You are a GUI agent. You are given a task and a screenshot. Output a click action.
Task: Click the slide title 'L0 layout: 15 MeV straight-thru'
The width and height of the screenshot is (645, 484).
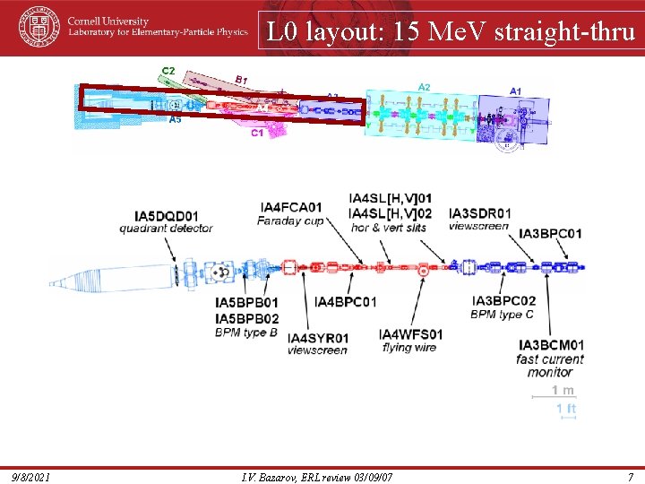(451, 32)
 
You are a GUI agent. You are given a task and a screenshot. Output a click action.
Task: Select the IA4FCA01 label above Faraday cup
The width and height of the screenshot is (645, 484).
(290, 208)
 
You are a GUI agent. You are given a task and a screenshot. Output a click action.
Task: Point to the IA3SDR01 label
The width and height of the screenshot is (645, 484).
(479, 213)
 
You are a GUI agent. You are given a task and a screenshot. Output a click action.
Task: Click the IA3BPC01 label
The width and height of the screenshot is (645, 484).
(550, 234)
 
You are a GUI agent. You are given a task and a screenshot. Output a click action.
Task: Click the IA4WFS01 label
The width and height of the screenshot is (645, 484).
(410, 334)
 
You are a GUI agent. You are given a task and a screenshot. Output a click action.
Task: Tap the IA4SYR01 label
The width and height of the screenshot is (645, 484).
(318, 338)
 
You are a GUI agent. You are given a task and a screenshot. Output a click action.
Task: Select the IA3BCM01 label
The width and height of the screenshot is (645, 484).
(551, 345)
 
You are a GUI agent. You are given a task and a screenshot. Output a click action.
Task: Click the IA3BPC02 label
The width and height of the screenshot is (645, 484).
(503, 301)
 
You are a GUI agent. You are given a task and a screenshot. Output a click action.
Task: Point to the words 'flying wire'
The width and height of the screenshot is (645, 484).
(409, 347)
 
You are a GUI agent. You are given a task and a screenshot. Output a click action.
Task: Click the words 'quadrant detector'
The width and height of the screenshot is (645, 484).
(166, 229)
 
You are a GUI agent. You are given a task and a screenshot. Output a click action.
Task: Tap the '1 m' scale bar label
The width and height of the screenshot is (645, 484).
(563, 390)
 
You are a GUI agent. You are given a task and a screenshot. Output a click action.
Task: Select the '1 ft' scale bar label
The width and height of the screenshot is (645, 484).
(565, 409)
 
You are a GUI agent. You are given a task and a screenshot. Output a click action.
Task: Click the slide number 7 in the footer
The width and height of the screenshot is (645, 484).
(630, 476)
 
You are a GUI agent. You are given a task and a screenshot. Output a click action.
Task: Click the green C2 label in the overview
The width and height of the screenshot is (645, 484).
(168, 71)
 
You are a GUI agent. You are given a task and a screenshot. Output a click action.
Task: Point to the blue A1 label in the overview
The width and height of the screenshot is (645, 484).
(516, 91)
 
